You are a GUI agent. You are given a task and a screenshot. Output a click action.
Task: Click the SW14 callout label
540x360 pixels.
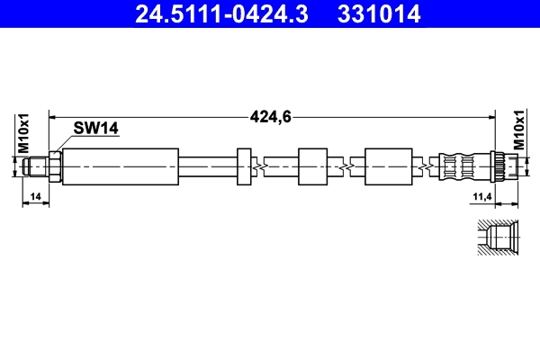98,130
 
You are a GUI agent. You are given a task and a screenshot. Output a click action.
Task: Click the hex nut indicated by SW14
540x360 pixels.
55,166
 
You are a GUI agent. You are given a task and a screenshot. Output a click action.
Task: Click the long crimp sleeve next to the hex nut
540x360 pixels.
120,166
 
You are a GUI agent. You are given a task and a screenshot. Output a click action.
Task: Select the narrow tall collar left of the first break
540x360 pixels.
243,166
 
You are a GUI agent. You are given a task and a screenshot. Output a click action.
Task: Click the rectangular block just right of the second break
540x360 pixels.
388,166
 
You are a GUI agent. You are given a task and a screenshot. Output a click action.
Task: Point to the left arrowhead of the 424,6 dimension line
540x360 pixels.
52,115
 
